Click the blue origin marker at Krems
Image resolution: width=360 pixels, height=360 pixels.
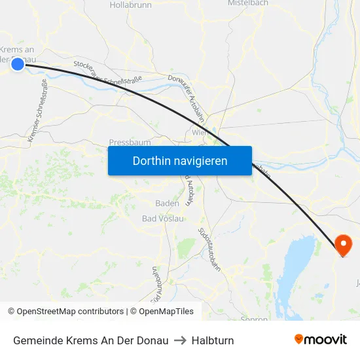[x=18, y=63]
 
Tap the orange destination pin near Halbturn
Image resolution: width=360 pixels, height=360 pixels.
[x=343, y=244]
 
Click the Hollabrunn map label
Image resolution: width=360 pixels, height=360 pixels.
[x=130, y=5]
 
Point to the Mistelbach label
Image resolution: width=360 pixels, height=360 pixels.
[x=247, y=3]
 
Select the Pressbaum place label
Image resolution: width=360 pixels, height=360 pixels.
[x=130, y=142]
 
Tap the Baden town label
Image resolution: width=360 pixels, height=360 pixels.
[x=167, y=203]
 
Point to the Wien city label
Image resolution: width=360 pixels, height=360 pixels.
[x=200, y=132]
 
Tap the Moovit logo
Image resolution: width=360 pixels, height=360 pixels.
[x=320, y=340]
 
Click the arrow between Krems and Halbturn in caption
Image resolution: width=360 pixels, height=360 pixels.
[x=180, y=340]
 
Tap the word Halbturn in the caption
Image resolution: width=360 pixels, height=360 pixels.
[x=213, y=340]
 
